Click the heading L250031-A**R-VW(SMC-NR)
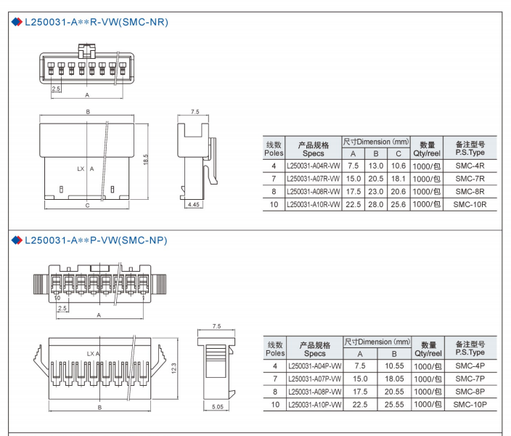(x=97, y=23)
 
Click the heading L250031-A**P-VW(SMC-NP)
(x=96, y=241)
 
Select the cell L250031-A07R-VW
(x=313, y=179)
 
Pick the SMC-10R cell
(x=470, y=205)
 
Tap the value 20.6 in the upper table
(x=398, y=192)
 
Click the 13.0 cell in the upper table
(x=376, y=166)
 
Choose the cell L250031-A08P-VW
(x=315, y=392)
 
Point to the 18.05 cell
(x=394, y=379)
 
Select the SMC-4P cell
(x=470, y=366)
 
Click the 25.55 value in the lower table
(x=394, y=405)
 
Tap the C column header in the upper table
(x=398, y=154)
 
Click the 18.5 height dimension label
(x=146, y=159)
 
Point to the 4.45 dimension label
(x=194, y=205)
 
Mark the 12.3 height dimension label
(x=173, y=368)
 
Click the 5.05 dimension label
(x=218, y=407)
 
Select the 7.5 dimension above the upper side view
(x=195, y=112)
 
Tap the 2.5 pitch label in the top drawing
(x=56, y=89)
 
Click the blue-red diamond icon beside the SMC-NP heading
(x=17, y=241)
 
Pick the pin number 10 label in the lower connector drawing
(x=57, y=298)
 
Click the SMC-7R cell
(x=470, y=179)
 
